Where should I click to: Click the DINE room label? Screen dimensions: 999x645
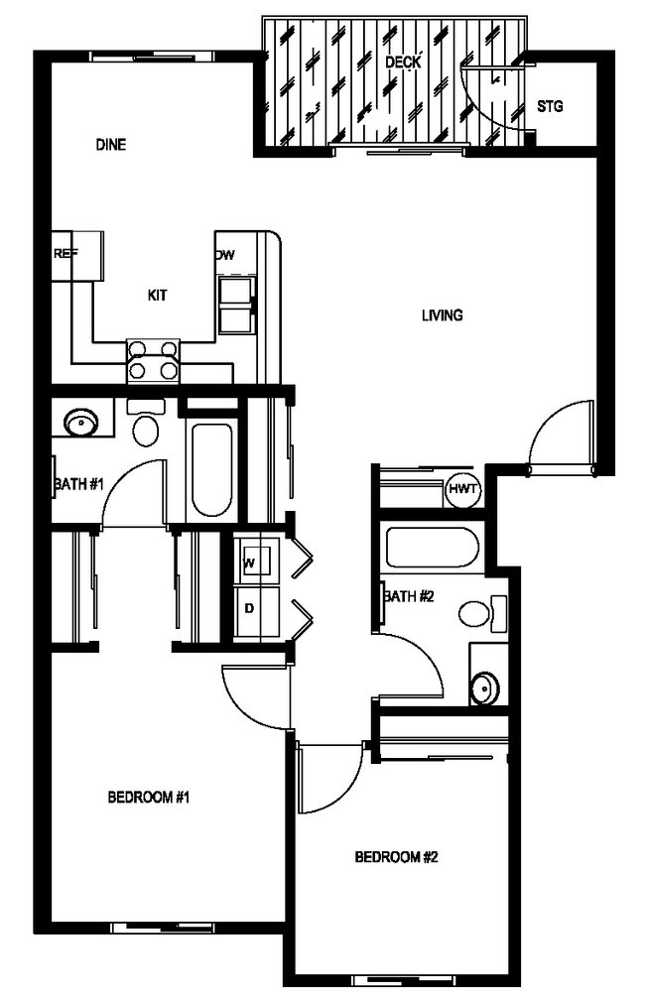click(x=111, y=145)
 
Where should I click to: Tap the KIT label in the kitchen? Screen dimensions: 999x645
click(x=158, y=295)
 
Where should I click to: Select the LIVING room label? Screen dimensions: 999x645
click(x=442, y=316)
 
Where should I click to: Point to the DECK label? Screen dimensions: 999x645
click(x=403, y=62)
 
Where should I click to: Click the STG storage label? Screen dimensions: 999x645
click(x=550, y=106)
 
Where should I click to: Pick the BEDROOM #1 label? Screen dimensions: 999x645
click(x=148, y=797)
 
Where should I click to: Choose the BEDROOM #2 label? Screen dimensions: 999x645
click(x=396, y=857)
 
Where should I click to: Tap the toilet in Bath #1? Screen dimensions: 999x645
click(x=147, y=428)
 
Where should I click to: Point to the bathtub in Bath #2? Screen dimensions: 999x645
click(x=432, y=548)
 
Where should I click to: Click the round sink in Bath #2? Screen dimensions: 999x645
click(x=485, y=687)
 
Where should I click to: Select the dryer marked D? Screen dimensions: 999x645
click(x=250, y=606)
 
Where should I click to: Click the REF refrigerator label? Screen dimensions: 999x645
click(x=65, y=254)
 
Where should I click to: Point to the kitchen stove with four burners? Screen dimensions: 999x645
click(x=155, y=361)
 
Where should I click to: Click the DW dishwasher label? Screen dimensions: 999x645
click(x=225, y=255)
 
